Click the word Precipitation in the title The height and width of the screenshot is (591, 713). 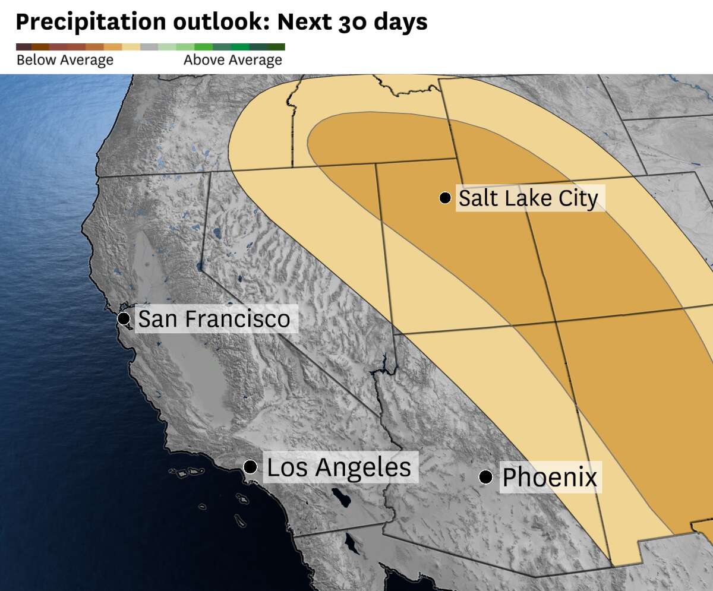tap(90, 22)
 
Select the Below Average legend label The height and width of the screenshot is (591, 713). tap(65, 60)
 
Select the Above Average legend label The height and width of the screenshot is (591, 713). tap(233, 60)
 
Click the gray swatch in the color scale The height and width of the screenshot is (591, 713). tap(150, 47)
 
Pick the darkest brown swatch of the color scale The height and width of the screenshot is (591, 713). tap(24, 47)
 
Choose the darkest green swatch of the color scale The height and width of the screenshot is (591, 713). tap(276, 47)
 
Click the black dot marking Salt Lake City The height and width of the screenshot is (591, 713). tap(445, 198)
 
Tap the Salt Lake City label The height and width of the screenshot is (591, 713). tap(528, 198)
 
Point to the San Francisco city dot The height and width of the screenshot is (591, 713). tap(124, 318)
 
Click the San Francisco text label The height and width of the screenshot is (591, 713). tap(214, 319)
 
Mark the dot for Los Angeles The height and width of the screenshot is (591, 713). tap(251, 466)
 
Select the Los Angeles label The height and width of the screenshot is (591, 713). tap(339, 467)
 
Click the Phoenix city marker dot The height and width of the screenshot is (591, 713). tap(486, 477)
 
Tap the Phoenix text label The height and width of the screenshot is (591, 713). tap(550, 478)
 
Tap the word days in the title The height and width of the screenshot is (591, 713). tap(406, 22)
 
